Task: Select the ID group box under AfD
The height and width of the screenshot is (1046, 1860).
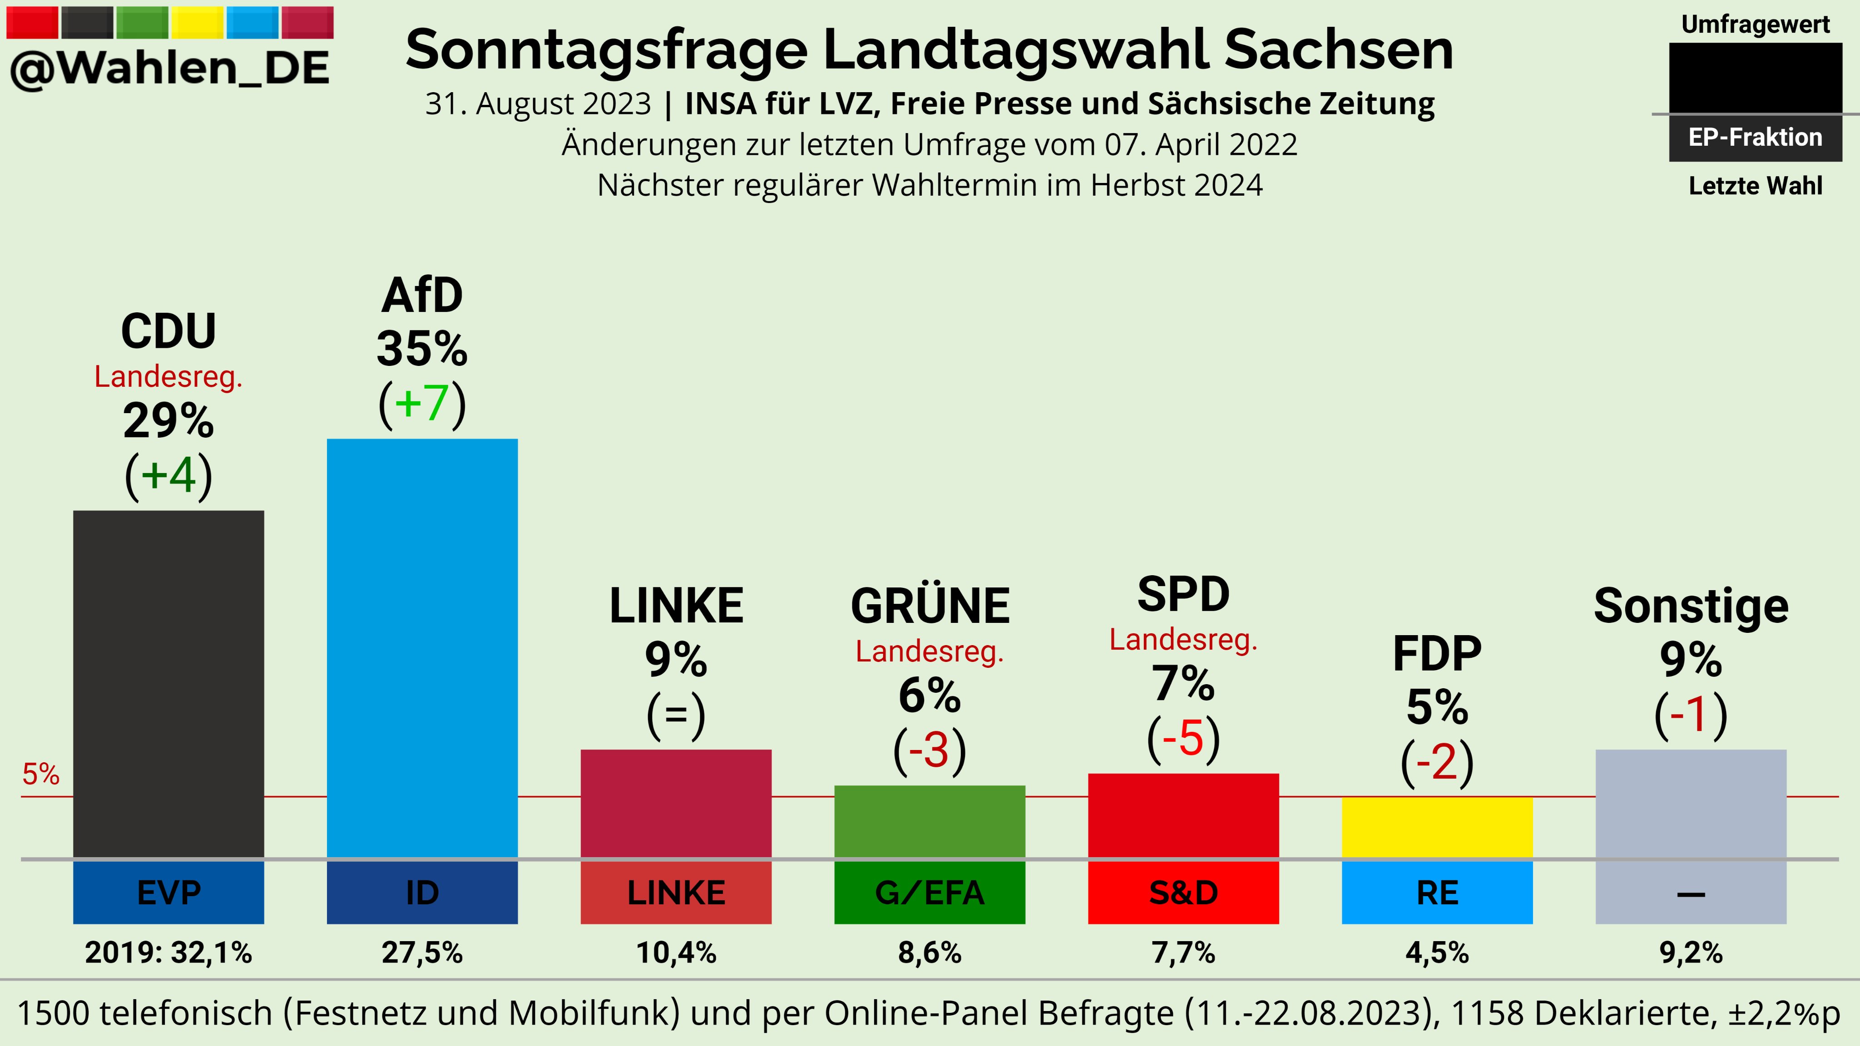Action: (x=422, y=893)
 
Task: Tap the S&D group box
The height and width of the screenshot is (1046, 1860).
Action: (x=1183, y=893)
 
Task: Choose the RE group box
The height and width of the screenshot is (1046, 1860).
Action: (x=1437, y=893)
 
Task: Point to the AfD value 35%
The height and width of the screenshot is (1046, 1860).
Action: (x=422, y=349)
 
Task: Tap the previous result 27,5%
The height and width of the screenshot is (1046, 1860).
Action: (x=422, y=953)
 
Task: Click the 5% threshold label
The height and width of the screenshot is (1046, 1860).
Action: (x=40, y=774)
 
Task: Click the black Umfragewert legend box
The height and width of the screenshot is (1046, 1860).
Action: (x=1755, y=78)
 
